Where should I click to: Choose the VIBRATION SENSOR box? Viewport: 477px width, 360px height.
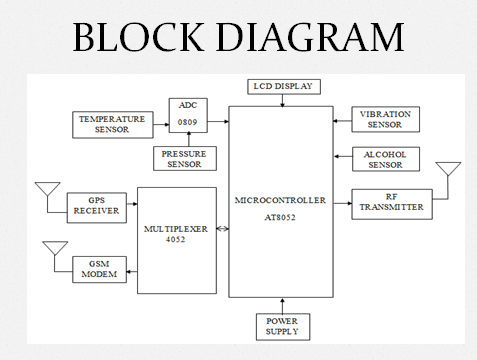385,119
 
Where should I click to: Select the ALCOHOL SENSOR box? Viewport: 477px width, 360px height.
385,159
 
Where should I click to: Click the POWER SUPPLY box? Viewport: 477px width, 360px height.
281,325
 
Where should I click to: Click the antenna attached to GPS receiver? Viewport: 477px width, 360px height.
46,193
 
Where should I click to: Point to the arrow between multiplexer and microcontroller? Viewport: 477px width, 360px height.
223,231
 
